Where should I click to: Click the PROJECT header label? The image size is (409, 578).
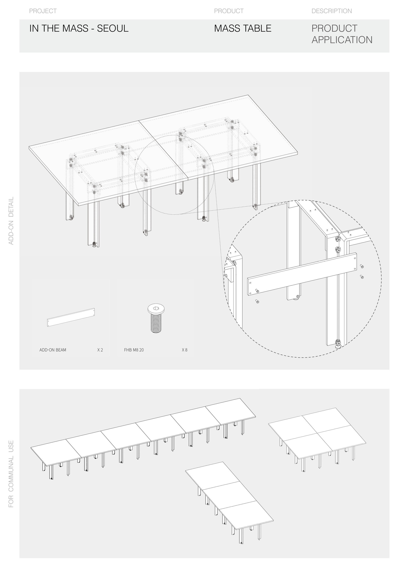click(x=43, y=11)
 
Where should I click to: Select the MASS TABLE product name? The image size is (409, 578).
click(x=243, y=29)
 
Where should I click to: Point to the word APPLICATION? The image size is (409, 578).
click(x=342, y=40)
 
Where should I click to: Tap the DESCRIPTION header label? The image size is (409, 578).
click(x=331, y=11)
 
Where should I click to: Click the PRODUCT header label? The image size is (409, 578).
click(x=229, y=11)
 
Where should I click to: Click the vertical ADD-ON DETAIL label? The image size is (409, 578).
click(x=11, y=221)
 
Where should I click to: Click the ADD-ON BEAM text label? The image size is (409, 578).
click(x=53, y=350)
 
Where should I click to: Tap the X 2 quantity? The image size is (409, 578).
click(x=100, y=350)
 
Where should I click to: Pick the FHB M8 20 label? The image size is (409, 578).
click(x=134, y=350)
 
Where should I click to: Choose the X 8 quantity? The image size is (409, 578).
click(x=185, y=350)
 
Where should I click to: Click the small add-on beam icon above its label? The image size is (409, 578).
click(x=71, y=317)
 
